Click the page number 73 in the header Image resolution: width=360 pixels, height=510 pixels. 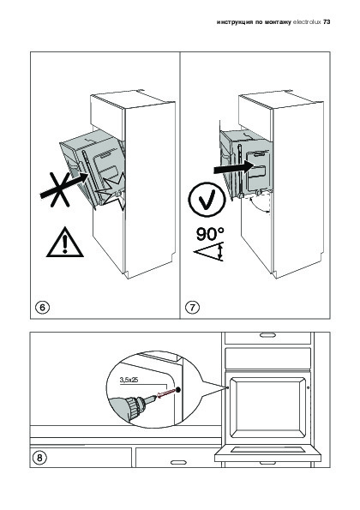click(327, 21)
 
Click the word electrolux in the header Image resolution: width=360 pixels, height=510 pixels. click(307, 21)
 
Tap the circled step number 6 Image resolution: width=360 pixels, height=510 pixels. click(42, 307)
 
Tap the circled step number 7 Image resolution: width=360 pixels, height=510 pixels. click(192, 307)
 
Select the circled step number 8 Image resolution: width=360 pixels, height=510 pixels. click(39, 458)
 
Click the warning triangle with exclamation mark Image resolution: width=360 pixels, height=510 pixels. click(65, 243)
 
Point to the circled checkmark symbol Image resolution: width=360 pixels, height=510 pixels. click(207, 200)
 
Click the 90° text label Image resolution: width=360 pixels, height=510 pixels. click(210, 234)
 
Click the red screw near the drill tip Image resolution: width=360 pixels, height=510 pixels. click(165, 393)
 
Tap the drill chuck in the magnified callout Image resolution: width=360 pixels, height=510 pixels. click(135, 405)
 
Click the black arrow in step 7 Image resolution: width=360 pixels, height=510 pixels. click(233, 168)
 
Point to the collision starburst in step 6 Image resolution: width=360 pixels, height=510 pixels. click(112, 193)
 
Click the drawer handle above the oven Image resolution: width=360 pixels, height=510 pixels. click(267, 335)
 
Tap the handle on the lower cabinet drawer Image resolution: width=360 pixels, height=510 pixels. click(178, 462)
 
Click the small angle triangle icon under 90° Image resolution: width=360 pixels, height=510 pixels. click(209, 251)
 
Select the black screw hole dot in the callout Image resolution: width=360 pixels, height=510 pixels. click(177, 389)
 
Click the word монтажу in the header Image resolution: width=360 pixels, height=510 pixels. click(278, 22)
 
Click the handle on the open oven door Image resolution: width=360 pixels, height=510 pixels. click(267, 463)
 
